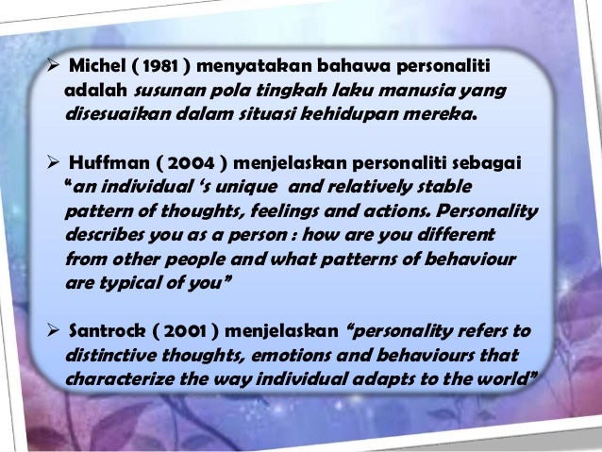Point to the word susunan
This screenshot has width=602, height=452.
(x=168, y=92)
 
